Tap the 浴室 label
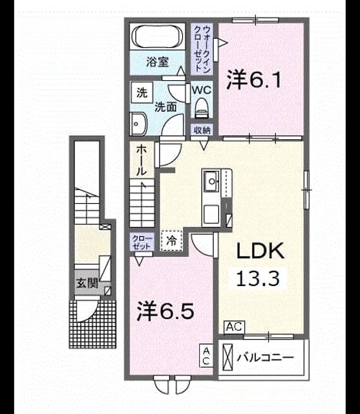tap(158, 62)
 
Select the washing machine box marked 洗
tap(142, 93)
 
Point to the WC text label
tap(202, 91)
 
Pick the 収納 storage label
tap(202, 130)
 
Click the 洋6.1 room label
tap(254, 80)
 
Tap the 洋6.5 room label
tap(165, 311)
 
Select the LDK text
tap(260, 250)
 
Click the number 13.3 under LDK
tap(258, 278)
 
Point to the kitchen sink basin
tap(211, 181)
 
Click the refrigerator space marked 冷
tap(171, 241)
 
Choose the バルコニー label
tap(265, 358)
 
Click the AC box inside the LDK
tap(234, 327)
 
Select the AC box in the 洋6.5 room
tap(206, 356)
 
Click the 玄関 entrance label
tap(87, 283)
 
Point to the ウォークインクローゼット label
tap(202, 49)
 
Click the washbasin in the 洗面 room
tap(139, 124)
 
